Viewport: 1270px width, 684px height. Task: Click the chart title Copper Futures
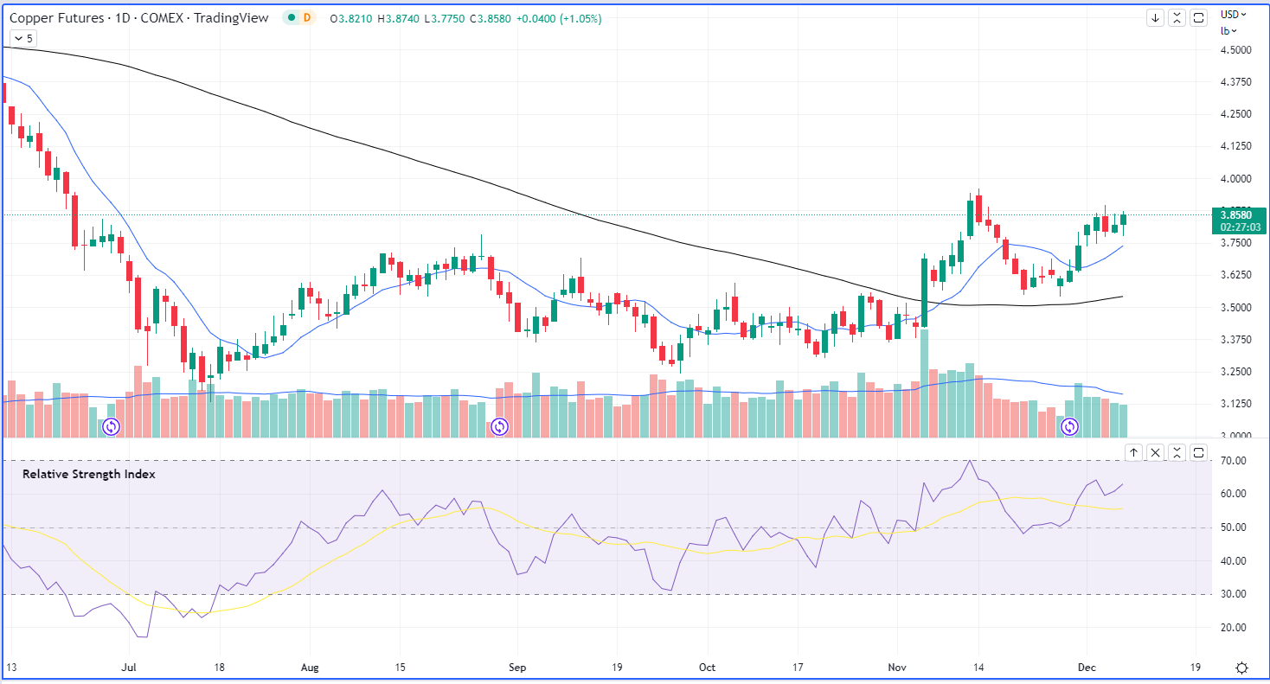tap(57, 17)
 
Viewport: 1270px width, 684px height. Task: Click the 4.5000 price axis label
tap(1235, 50)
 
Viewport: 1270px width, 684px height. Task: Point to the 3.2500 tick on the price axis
tap(1235, 372)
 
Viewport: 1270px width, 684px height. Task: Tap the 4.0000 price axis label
tap(1235, 179)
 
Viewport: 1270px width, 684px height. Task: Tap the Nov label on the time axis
tap(897, 668)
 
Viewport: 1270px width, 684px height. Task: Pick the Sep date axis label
tap(517, 668)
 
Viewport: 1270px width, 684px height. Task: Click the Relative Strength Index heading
tap(88, 474)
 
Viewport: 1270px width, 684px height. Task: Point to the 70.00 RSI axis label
tap(1234, 461)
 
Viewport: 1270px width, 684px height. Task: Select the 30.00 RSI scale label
tap(1234, 594)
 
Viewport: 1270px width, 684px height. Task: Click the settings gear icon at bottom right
tap(1241, 668)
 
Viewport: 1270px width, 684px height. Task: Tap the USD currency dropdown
tap(1233, 14)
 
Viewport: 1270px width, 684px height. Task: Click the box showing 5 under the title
tap(23, 38)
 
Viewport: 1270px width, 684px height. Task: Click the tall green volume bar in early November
tap(924, 381)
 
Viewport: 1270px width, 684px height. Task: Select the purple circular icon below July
tap(111, 426)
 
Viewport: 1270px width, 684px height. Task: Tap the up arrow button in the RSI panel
tap(1133, 452)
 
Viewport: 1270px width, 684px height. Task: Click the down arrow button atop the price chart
tap(1155, 17)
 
